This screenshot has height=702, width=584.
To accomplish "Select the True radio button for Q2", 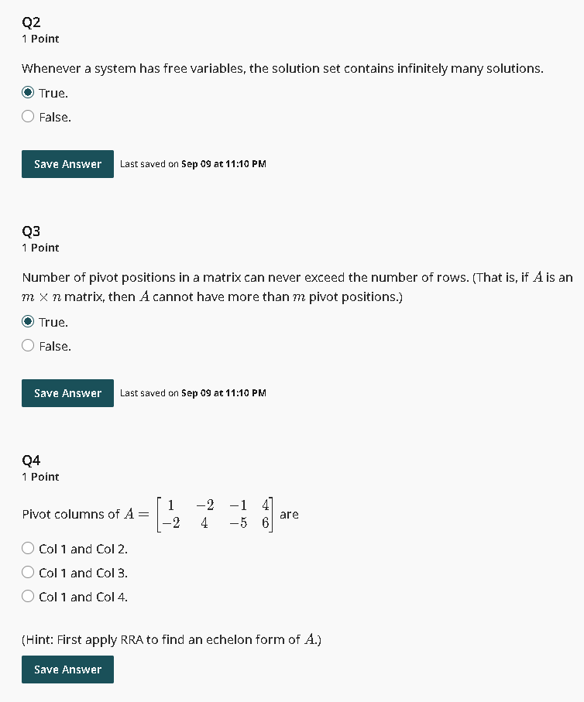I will [x=28, y=93].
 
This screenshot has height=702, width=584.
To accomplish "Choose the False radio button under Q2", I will [x=28, y=117].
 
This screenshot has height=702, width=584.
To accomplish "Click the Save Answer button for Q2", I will [x=67, y=164].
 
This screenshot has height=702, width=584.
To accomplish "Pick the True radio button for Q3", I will [x=28, y=322].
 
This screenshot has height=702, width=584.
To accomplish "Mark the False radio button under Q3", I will [x=28, y=346].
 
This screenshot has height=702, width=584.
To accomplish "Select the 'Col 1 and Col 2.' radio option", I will [x=28, y=549].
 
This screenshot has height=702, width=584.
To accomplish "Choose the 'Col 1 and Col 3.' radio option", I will [x=28, y=573].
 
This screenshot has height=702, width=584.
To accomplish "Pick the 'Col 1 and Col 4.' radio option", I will [x=28, y=597].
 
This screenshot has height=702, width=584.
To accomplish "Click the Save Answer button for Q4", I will [x=67, y=669].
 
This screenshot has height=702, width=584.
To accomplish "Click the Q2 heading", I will [x=31, y=22].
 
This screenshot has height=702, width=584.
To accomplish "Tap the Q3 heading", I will [x=31, y=231].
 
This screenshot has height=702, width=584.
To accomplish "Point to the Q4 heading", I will [x=31, y=460].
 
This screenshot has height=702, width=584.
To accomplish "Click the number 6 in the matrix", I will [x=265, y=523].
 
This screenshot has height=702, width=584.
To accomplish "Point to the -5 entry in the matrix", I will [x=239, y=523].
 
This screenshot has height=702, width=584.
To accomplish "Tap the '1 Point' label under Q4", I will [x=40, y=477].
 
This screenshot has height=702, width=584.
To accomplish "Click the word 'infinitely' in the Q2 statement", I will [x=422, y=69].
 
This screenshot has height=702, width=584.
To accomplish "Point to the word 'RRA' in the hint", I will [x=132, y=639].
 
